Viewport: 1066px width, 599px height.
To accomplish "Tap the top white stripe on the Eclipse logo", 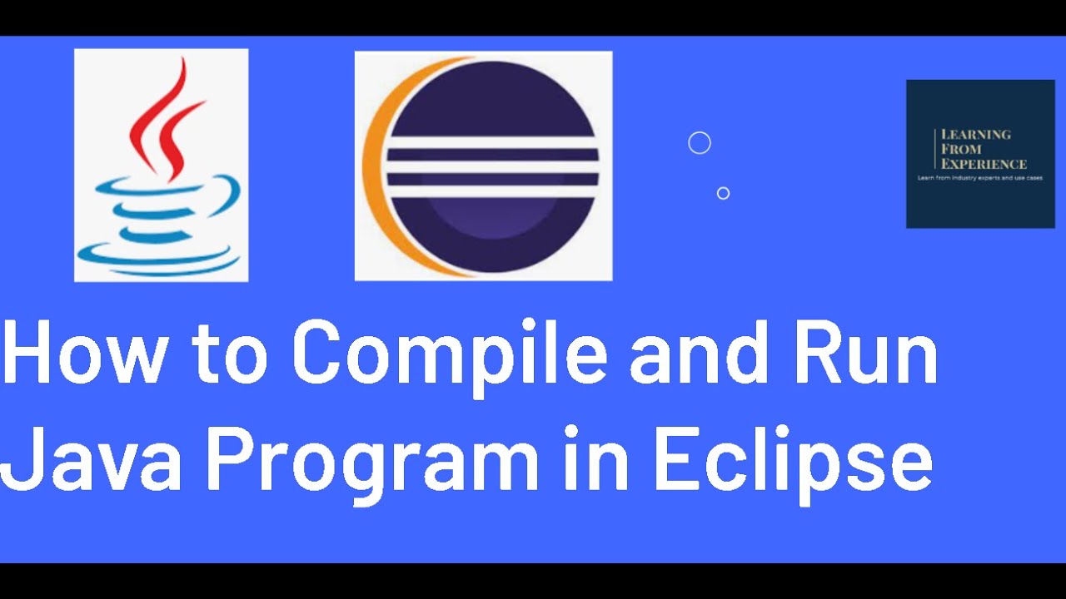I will point(492,142).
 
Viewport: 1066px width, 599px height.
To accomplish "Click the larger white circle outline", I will point(700,143).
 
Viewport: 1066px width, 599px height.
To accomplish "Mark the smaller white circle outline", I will point(723,193).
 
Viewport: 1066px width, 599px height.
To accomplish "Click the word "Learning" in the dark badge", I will point(975,134).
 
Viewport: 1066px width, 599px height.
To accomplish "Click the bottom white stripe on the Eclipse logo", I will point(492,191).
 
